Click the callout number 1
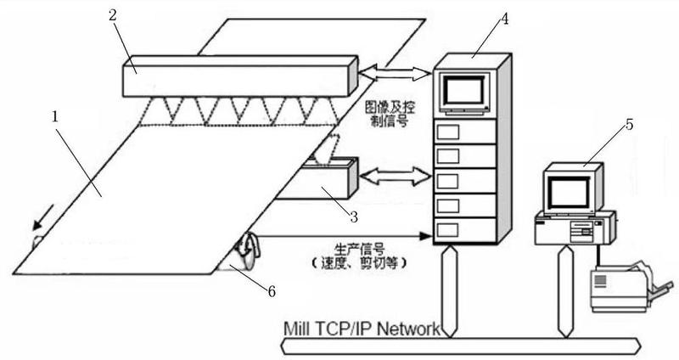tap(55, 117)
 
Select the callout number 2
tap(113, 16)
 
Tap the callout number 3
tap(354, 217)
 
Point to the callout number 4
tap(504, 19)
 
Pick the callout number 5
tap(629, 125)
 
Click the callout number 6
tap(272, 291)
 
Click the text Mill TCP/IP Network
tap(362, 329)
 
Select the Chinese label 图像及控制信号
tap(390, 114)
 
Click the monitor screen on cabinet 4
tap(464, 93)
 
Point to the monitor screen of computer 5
tap(569, 193)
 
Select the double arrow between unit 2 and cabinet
tap(396, 73)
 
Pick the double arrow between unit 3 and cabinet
tap(396, 176)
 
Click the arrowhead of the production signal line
tap(427, 236)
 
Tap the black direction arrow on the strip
tap(44, 217)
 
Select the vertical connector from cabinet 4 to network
tap(449, 290)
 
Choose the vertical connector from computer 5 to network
tap(564, 291)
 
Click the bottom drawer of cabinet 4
tap(464, 230)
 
